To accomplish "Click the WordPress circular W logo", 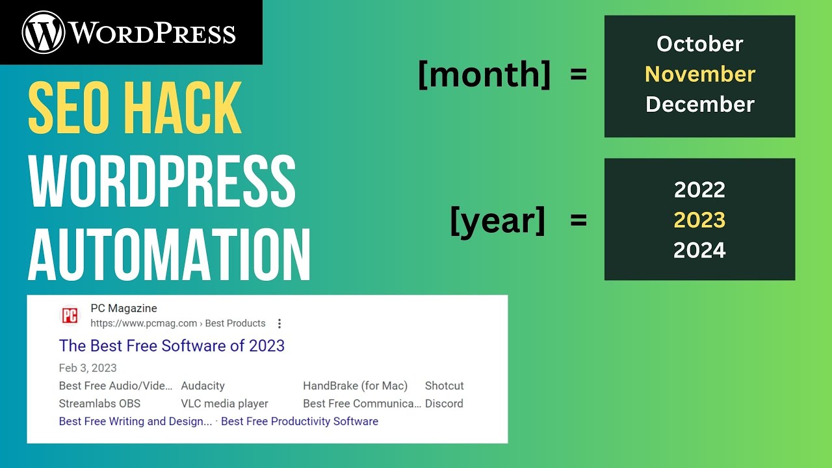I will coord(44,32).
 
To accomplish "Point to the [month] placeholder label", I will coord(484,75).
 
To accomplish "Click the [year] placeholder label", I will coord(498,221).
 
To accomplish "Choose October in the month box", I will coord(699,44).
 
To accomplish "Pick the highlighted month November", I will coord(699,74).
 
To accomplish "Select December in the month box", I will coord(699,104).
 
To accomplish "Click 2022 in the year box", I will coord(699,190).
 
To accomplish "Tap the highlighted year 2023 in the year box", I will coord(699,220).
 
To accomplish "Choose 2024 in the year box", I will coord(699,250).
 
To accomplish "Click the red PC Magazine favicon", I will coord(70,316).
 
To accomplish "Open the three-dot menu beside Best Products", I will coord(279,324).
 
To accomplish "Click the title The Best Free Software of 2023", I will coord(172,346).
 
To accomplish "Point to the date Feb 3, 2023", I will coord(88,368).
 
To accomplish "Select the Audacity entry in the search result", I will coord(203,386).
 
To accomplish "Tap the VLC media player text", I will coord(224,404).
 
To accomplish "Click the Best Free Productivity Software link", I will coord(300,421).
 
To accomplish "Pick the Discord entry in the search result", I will coord(444,404).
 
